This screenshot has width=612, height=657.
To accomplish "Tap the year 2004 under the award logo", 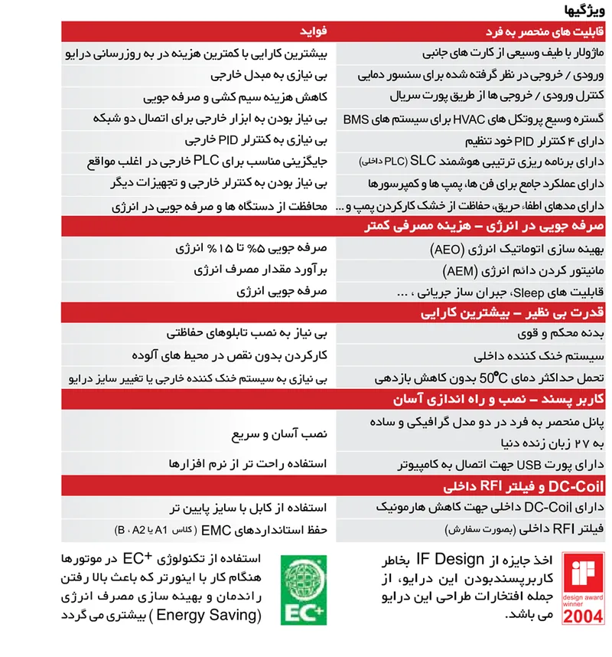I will point(583,616).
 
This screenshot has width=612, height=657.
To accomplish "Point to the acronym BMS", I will point(355,119).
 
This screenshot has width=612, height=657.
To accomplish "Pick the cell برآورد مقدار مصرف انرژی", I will point(256,271).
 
